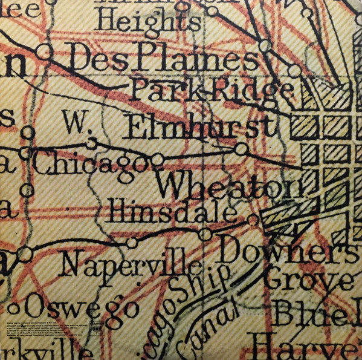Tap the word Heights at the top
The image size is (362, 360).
point(148,22)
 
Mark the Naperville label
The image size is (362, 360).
point(132,264)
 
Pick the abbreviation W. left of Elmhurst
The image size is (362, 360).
point(77,123)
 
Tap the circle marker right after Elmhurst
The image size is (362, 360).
point(241,149)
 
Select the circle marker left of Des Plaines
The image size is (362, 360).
point(44,50)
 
